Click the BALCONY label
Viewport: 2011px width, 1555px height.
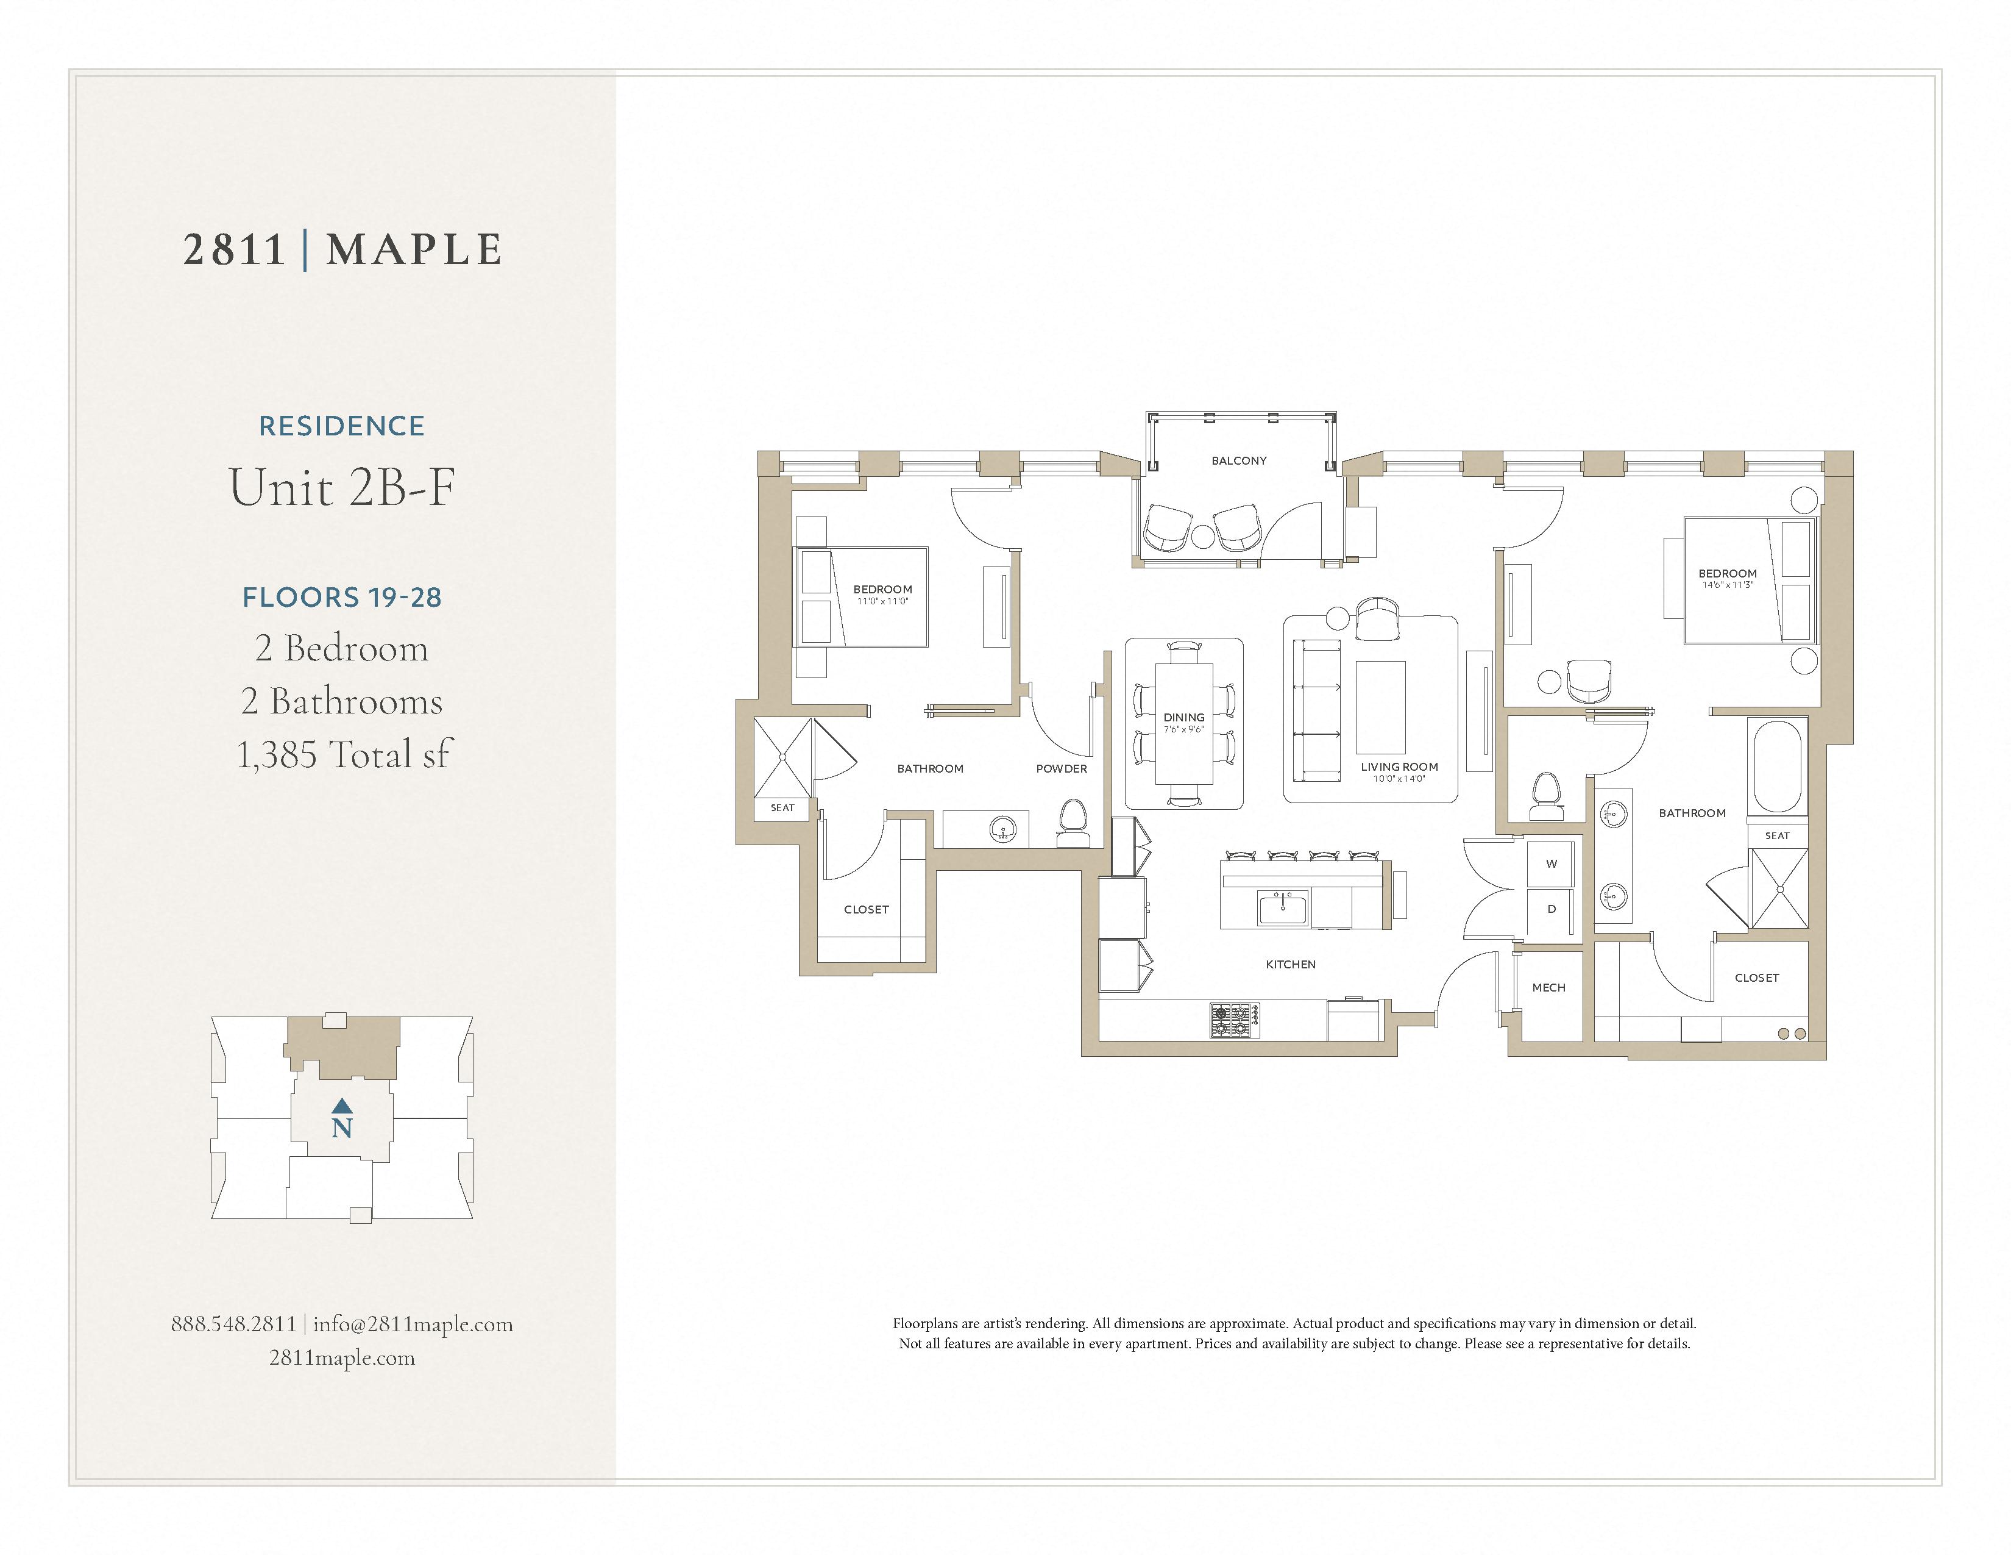tap(1238, 460)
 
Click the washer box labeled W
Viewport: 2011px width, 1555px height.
tap(1552, 864)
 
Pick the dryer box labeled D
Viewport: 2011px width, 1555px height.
tap(1552, 909)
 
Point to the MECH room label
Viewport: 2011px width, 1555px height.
tap(1548, 987)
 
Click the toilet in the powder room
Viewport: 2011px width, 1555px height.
tap(1072, 823)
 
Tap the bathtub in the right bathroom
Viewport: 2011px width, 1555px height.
tap(1777, 767)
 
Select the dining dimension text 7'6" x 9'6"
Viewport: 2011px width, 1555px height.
tap(1183, 729)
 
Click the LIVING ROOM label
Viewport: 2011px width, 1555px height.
tap(1399, 767)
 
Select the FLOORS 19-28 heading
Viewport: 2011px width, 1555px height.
tap(342, 597)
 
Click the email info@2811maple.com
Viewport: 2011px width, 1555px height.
tap(413, 1324)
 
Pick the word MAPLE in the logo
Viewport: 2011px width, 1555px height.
tap(414, 249)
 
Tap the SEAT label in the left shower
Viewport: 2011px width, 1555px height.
tap(782, 808)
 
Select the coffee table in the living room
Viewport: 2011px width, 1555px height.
tap(1380, 707)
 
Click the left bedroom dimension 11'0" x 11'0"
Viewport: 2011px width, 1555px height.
tap(882, 601)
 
